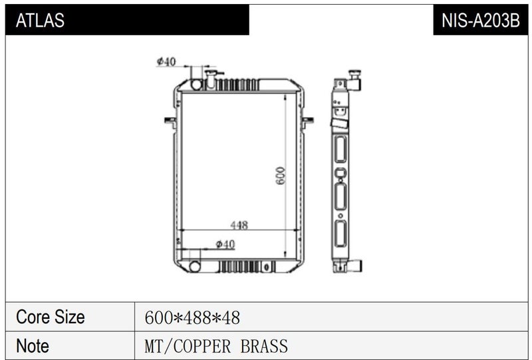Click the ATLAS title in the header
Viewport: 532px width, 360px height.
click(x=40, y=21)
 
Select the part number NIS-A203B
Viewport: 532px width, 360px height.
click(x=480, y=21)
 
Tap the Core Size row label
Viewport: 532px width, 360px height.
click(x=51, y=317)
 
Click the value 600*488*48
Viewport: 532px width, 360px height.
click(x=192, y=318)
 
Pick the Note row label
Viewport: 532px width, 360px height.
click(x=32, y=346)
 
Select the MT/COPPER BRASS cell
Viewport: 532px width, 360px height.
click(x=216, y=347)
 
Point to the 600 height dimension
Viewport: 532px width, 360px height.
click(x=281, y=176)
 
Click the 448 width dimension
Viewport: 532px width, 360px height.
click(x=239, y=225)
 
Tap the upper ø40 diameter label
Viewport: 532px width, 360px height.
click(x=166, y=62)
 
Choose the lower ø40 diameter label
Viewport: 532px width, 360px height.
click(x=225, y=244)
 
